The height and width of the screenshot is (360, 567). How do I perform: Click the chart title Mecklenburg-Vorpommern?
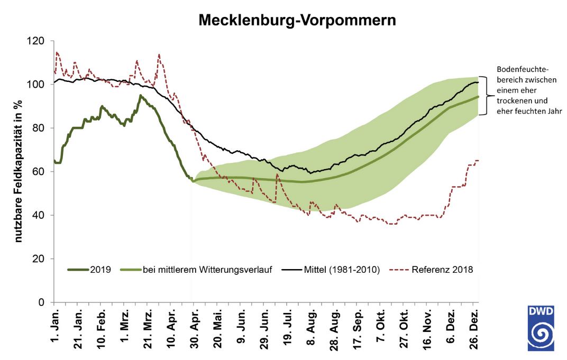click(297, 21)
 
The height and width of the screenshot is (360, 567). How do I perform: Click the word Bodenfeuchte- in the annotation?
click(523, 70)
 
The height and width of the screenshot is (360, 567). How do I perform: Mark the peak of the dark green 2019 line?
click(140, 96)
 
